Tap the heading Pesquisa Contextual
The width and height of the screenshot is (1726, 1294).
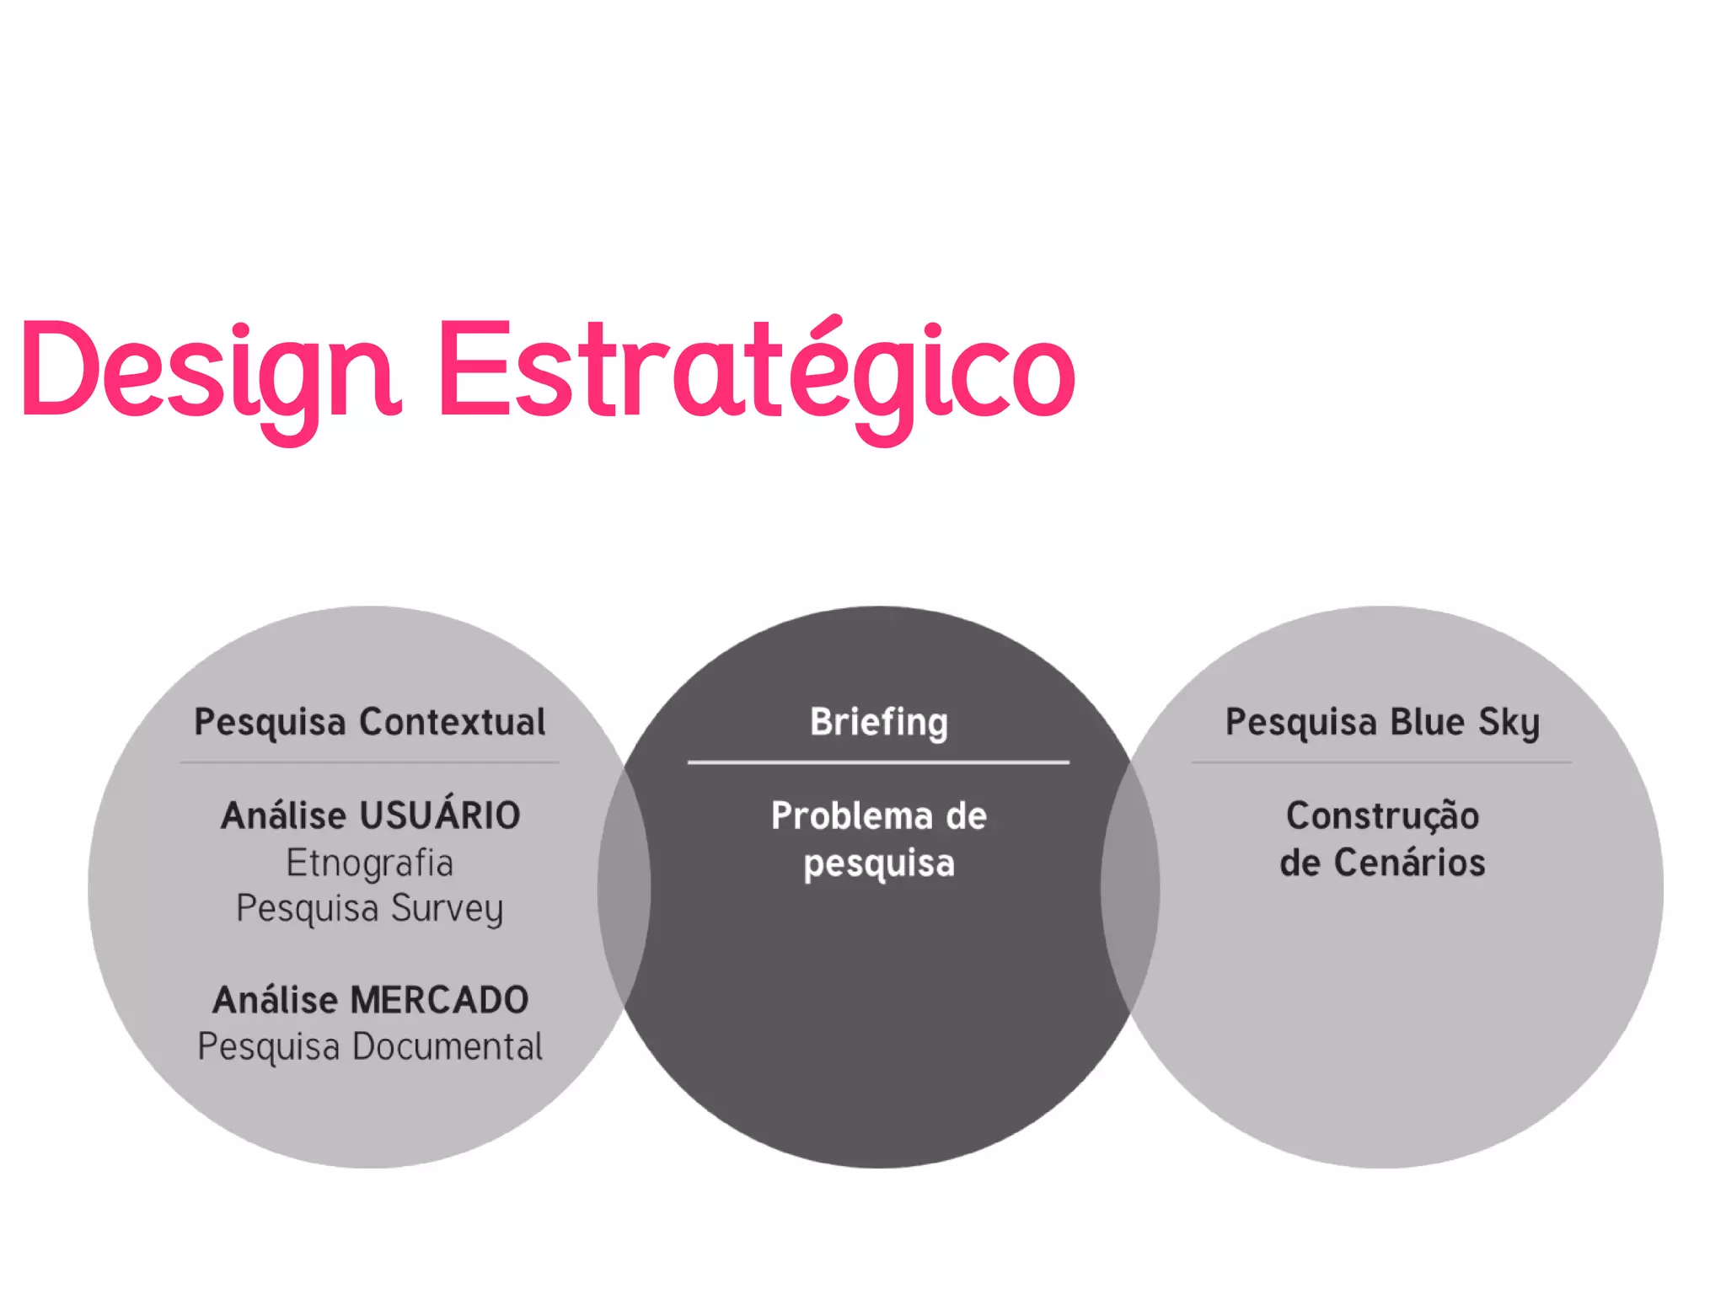point(369,722)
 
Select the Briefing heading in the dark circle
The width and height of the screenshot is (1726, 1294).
point(878,722)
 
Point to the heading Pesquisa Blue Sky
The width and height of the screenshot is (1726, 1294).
point(1382,722)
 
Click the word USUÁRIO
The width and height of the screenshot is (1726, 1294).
point(440,815)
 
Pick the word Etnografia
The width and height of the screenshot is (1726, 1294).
point(369,863)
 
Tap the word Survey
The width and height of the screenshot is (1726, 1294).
point(447,908)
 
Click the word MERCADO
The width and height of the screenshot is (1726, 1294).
point(439,1000)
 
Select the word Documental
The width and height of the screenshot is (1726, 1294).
point(447,1046)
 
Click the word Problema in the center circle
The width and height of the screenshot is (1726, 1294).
point(851,815)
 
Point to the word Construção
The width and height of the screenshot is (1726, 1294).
point(1382,815)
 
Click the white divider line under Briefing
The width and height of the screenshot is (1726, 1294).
point(878,762)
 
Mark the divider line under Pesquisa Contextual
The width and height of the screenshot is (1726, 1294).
point(369,763)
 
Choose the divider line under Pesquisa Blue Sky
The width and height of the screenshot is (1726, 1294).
point(1382,763)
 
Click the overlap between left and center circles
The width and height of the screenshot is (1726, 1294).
point(624,887)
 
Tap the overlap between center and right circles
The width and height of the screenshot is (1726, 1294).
point(1130,887)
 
